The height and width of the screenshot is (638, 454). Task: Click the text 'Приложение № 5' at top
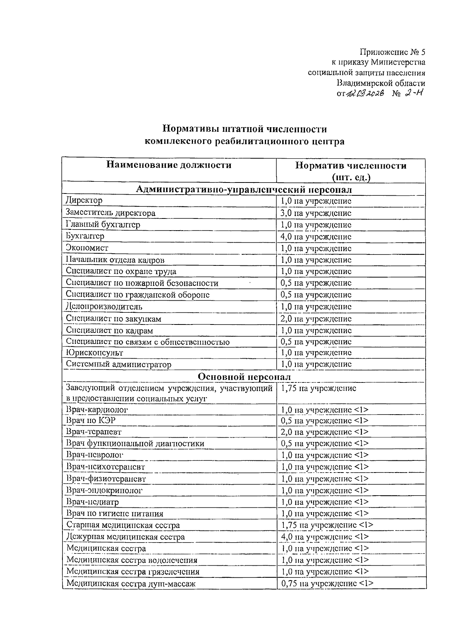[x=392, y=51]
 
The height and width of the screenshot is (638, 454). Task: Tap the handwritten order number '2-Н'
[x=411, y=93]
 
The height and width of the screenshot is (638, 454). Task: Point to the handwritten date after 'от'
[x=366, y=94]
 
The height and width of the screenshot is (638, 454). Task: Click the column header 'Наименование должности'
[x=169, y=165]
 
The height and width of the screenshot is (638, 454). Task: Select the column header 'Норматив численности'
[x=351, y=165]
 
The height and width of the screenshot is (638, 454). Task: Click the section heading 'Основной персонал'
[x=244, y=377]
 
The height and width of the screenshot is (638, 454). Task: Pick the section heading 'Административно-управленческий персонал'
[x=244, y=189]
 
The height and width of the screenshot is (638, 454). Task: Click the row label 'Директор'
[x=84, y=200]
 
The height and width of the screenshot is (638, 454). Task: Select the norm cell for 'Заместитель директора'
[x=316, y=213]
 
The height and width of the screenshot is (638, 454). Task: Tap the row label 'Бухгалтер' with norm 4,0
[x=85, y=236]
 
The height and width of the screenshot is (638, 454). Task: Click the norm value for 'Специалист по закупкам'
[x=316, y=319]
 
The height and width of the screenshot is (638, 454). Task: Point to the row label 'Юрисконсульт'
[x=95, y=353]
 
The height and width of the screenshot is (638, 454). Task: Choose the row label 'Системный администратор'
[x=118, y=364]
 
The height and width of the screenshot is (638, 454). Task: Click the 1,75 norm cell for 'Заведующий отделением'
[x=319, y=388]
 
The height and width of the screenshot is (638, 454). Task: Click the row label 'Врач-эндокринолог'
[x=105, y=490]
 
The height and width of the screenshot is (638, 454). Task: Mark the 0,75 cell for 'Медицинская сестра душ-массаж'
[x=327, y=583]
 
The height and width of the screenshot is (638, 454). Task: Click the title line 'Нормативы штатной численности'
[x=244, y=129]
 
